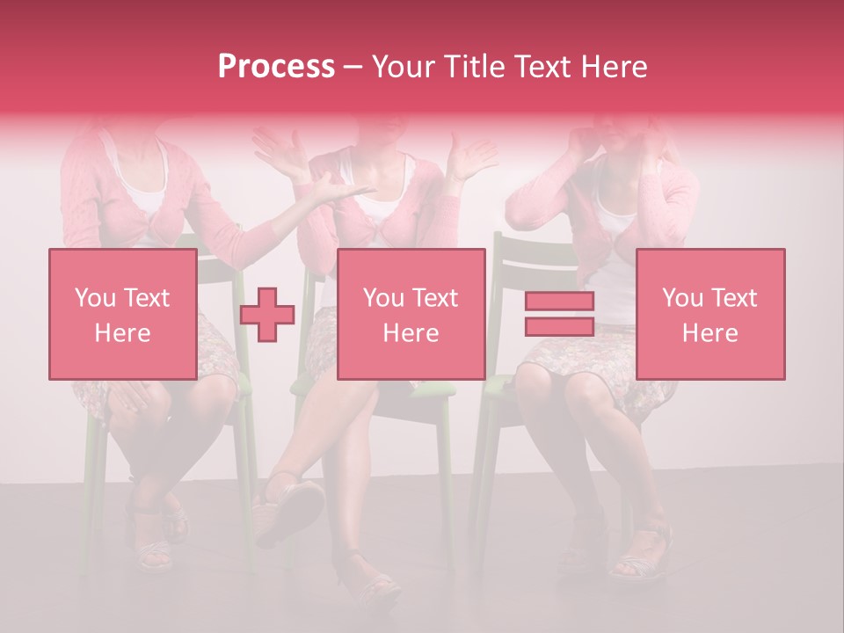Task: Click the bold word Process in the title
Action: point(276,66)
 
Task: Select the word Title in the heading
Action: point(477,66)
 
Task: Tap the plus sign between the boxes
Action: point(267,315)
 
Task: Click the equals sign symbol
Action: point(559,314)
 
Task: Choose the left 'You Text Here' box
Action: point(122,314)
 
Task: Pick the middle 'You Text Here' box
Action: point(411,314)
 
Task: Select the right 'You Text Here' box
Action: point(709,314)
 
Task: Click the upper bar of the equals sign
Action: point(559,302)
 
